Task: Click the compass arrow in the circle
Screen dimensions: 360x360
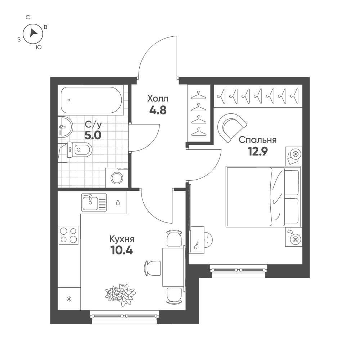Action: coord(34,33)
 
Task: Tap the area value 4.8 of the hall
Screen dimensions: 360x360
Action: coord(158,111)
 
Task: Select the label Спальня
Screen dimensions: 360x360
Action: coord(258,140)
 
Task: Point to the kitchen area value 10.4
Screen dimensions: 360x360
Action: coord(122,250)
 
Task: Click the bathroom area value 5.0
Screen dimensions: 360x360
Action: coord(93,135)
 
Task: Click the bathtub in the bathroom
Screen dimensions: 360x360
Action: coord(91,100)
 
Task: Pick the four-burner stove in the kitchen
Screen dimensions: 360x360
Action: coord(69,235)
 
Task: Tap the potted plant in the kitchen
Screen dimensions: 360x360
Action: coord(120,295)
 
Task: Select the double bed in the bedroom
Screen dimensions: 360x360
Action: coord(263,197)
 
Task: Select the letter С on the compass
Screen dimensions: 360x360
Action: coord(28,17)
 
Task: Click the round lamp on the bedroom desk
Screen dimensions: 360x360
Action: coord(208,240)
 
